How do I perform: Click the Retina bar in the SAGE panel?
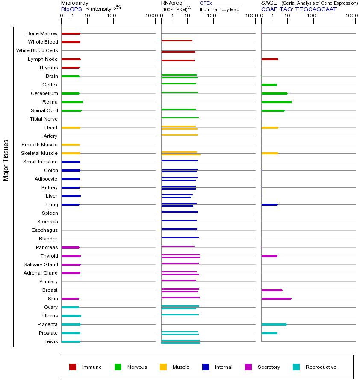(x=277, y=102)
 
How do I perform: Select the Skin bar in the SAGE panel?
(x=276, y=299)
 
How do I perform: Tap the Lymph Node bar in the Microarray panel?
(x=71, y=59)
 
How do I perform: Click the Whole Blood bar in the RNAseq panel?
(x=177, y=41)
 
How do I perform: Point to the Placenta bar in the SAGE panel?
(x=274, y=324)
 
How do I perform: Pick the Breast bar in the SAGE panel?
(x=272, y=290)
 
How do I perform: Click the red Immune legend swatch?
(x=73, y=367)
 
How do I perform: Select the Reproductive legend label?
(x=321, y=367)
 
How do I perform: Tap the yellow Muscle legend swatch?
(x=163, y=367)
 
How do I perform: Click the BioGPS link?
(x=71, y=9)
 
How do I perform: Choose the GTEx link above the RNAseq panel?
(x=206, y=3)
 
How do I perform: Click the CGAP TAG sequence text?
(x=299, y=9)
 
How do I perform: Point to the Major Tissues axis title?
(x=6, y=160)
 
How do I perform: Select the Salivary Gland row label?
(x=41, y=264)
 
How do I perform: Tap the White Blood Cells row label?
(x=37, y=50)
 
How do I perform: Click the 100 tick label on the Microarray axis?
(x=112, y=16)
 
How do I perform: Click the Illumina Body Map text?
(x=219, y=9)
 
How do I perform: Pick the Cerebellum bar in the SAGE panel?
(x=274, y=93)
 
